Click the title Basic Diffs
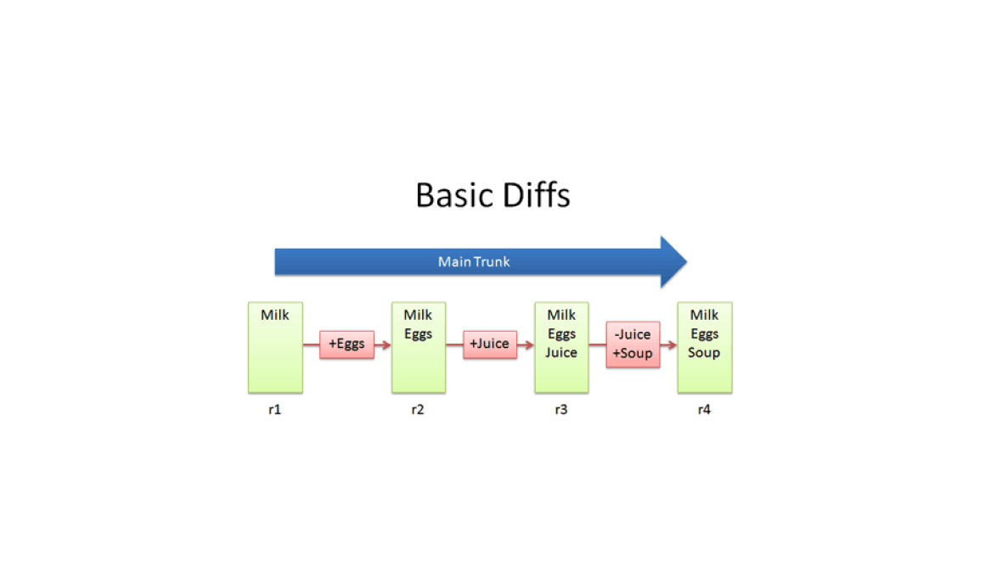(493, 194)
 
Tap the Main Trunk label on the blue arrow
(474, 262)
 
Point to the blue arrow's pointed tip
(687, 262)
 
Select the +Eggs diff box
(346, 344)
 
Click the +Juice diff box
(490, 344)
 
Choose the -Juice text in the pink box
(633, 334)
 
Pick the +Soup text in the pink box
(633, 354)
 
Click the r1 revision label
(274, 409)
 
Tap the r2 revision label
(418, 409)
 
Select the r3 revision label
(561, 409)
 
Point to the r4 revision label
(704, 409)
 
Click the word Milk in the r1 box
(275, 315)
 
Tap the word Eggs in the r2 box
(419, 334)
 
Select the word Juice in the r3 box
(561, 352)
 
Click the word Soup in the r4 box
(704, 353)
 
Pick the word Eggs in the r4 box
(704, 334)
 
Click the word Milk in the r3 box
(561, 315)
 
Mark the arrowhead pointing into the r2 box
(386, 345)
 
